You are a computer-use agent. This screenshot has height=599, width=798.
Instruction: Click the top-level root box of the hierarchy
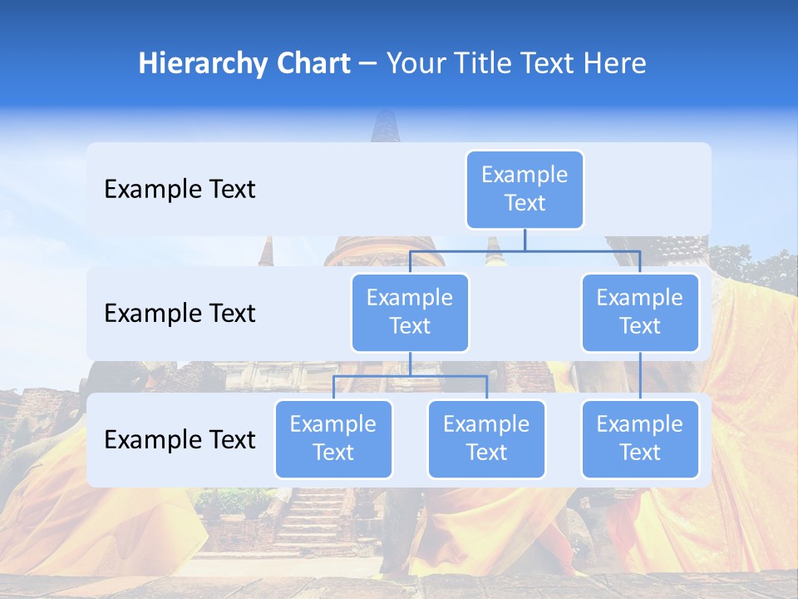coord(525,189)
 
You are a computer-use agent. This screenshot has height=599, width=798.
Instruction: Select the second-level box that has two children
coord(410,312)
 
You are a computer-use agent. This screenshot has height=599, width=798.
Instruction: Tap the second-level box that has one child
coord(640,312)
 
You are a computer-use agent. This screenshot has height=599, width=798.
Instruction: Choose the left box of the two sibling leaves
coord(333,438)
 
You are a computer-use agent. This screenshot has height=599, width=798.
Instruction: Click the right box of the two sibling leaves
coord(486,438)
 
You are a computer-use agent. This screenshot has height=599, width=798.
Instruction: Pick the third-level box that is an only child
coord(640,438)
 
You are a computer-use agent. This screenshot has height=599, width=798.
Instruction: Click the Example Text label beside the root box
coord(180,190)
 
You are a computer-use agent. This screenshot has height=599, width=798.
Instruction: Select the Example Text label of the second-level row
coord(180,314)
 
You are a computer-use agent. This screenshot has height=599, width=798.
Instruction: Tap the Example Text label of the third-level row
coord(180,439)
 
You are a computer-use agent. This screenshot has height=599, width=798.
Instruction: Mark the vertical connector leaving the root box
coord(525,240)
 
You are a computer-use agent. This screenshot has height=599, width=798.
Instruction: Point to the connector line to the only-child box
coord(640,376)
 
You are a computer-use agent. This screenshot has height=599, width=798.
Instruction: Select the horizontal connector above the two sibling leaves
coord(410,376)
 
